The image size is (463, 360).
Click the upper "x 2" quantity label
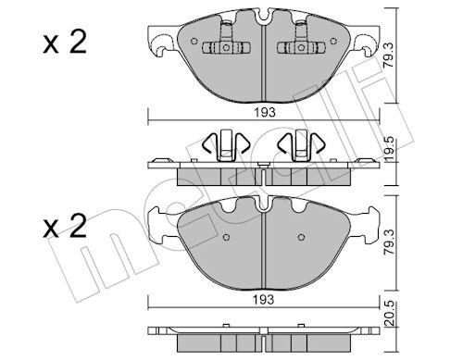click(x=65, y=43)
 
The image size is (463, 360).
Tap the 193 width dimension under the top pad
click(x=265, y=113)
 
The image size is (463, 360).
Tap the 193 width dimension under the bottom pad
click(x=264, y=299)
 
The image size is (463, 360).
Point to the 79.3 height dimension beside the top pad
click(x=390, y=56)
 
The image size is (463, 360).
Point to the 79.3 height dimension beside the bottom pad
click(x=390, y=242)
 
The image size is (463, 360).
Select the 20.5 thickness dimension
click(x=390, y=314)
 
